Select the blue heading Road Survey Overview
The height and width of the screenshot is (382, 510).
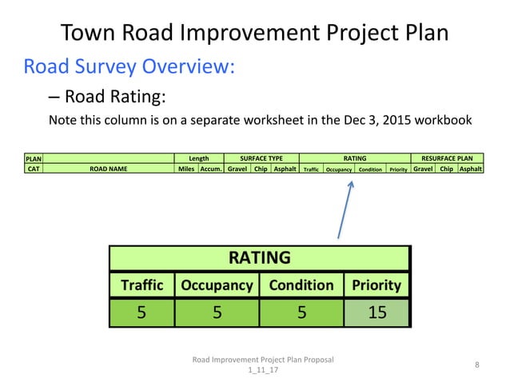pos(129,66)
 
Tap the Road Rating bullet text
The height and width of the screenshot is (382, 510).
pos(115,97)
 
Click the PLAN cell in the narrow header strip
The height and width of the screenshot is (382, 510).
pos(34,158)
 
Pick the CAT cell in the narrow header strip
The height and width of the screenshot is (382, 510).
pos(34,169)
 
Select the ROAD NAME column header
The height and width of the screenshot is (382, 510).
pos(108,169)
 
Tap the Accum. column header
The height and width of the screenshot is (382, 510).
pos(211,169)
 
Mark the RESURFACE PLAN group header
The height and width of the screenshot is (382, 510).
pos(446,158)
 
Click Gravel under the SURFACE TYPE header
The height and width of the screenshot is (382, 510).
pos(237,169)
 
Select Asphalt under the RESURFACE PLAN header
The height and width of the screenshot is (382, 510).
pos(470,169)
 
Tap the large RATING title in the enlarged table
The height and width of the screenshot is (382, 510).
pos(259,257)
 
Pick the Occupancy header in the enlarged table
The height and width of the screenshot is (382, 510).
pos(217,285)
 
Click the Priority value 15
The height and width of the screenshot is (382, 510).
pos(376,312)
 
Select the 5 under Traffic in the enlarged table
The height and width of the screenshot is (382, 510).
pos(141,312)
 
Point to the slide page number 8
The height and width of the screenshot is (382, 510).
pos(476,365)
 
